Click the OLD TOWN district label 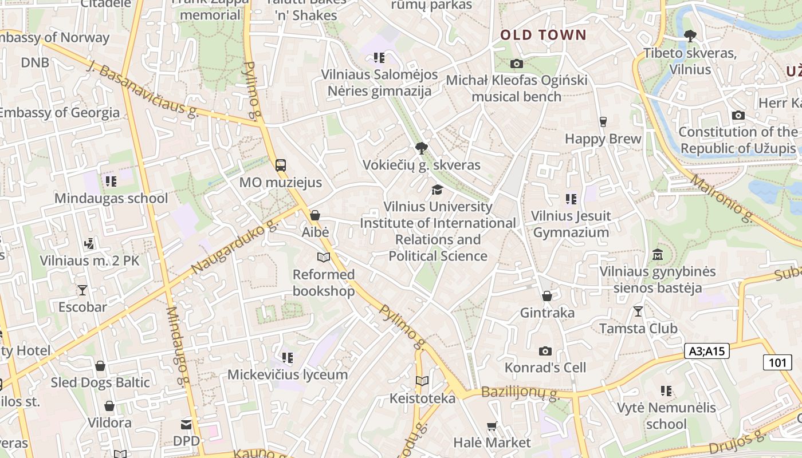click(543, 35)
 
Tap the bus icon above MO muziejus click(280, 165)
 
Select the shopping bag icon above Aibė click(314, 216)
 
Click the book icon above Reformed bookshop click(324, 258)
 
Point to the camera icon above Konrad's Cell click(545, 351)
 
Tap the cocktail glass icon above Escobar click(82, 290)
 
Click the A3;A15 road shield click(706, 352)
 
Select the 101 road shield click(777, 362)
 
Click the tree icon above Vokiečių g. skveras click(422, 148)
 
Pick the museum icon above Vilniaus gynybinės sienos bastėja click(657, 254)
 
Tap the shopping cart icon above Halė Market click(492, 426)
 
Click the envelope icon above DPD click(186, 424)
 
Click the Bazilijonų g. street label click(520, 393)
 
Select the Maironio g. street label click(721, 198)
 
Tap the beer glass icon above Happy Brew click(603, 121)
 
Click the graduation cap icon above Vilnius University click(438, 189)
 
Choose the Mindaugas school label click(111, 199)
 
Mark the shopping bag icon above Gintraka click(547, 296)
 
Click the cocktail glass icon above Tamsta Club click(638, 311)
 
